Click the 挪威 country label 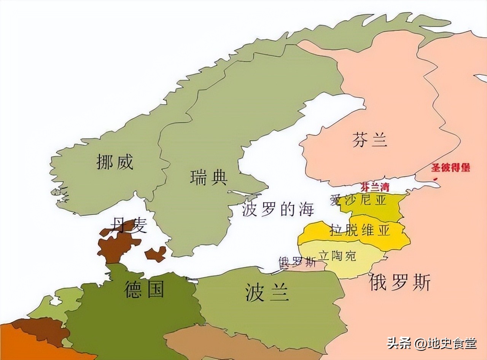[115, 162]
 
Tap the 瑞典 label [208, 177]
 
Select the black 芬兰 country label [369, 140]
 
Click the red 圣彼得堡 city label [450, 168]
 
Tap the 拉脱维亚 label [360, 230]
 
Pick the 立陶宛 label [337, 256]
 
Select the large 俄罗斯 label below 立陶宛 [400, 283]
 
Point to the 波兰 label [267, 293]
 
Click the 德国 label [144, 290]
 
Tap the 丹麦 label [128, 226]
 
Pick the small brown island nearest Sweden [156, 254]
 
